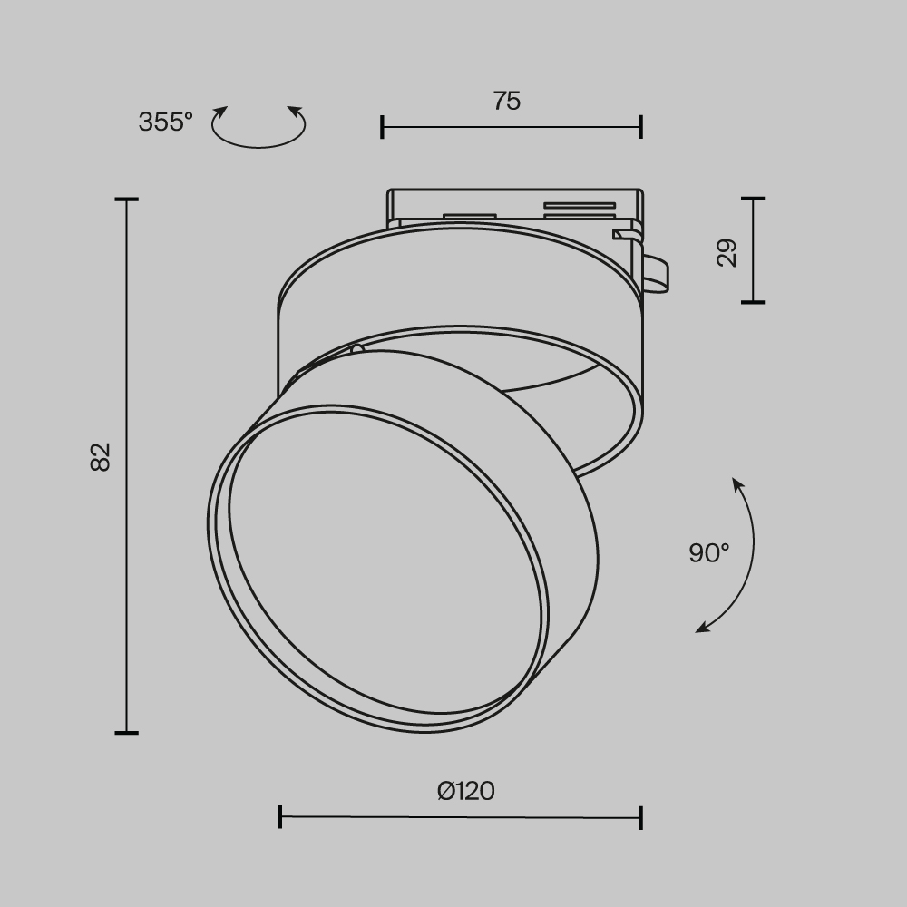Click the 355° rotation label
(x=165, y=122)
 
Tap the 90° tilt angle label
(x=708, y=552)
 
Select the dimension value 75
(x=507, y=101)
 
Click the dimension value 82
(x=101, y=455)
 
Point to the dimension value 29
(x=727, y=252)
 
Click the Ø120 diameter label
(x=466, y=791)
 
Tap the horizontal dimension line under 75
(x=512, y=127)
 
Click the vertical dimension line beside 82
(x=126, y=465)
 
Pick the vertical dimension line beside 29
(x=753, y=250)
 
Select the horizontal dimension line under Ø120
(x=461, y=817)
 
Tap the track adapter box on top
(x=513, y=206)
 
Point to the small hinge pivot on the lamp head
(x=356, y=349)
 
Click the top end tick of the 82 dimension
(x=126, y=199)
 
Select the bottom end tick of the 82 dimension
(x=126, y=732)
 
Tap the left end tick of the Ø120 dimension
(x=280, y=816)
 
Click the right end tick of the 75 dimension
(x=641, y=127)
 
